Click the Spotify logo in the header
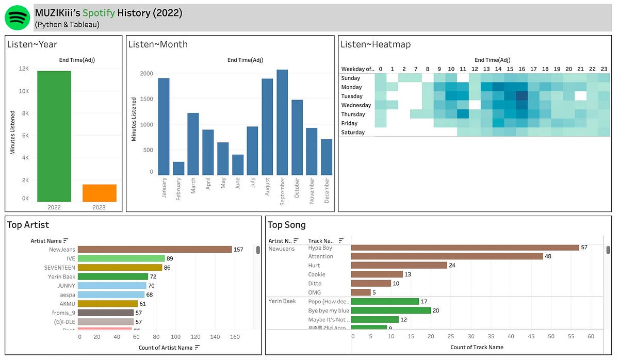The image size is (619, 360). [18, 18]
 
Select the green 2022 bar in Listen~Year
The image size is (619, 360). [54, 136]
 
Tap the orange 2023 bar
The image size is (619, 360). [99, 193]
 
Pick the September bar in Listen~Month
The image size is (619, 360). [282, 122]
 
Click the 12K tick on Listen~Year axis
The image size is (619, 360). [24, 69]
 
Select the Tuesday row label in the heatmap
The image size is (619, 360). [352, 96]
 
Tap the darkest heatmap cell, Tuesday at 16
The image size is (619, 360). [522, 96]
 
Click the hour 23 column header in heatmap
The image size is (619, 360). [604, 69]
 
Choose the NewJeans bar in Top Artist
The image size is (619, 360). [155, 250]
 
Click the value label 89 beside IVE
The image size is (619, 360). [170, 258]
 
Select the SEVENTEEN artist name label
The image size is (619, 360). [59, 268]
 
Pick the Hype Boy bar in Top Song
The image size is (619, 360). [465, 248]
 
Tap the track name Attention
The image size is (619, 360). [320, 256]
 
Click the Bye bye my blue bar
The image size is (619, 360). [390, 310]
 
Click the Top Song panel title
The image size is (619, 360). [286, 225]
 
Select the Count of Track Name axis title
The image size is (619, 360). [477, 347]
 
